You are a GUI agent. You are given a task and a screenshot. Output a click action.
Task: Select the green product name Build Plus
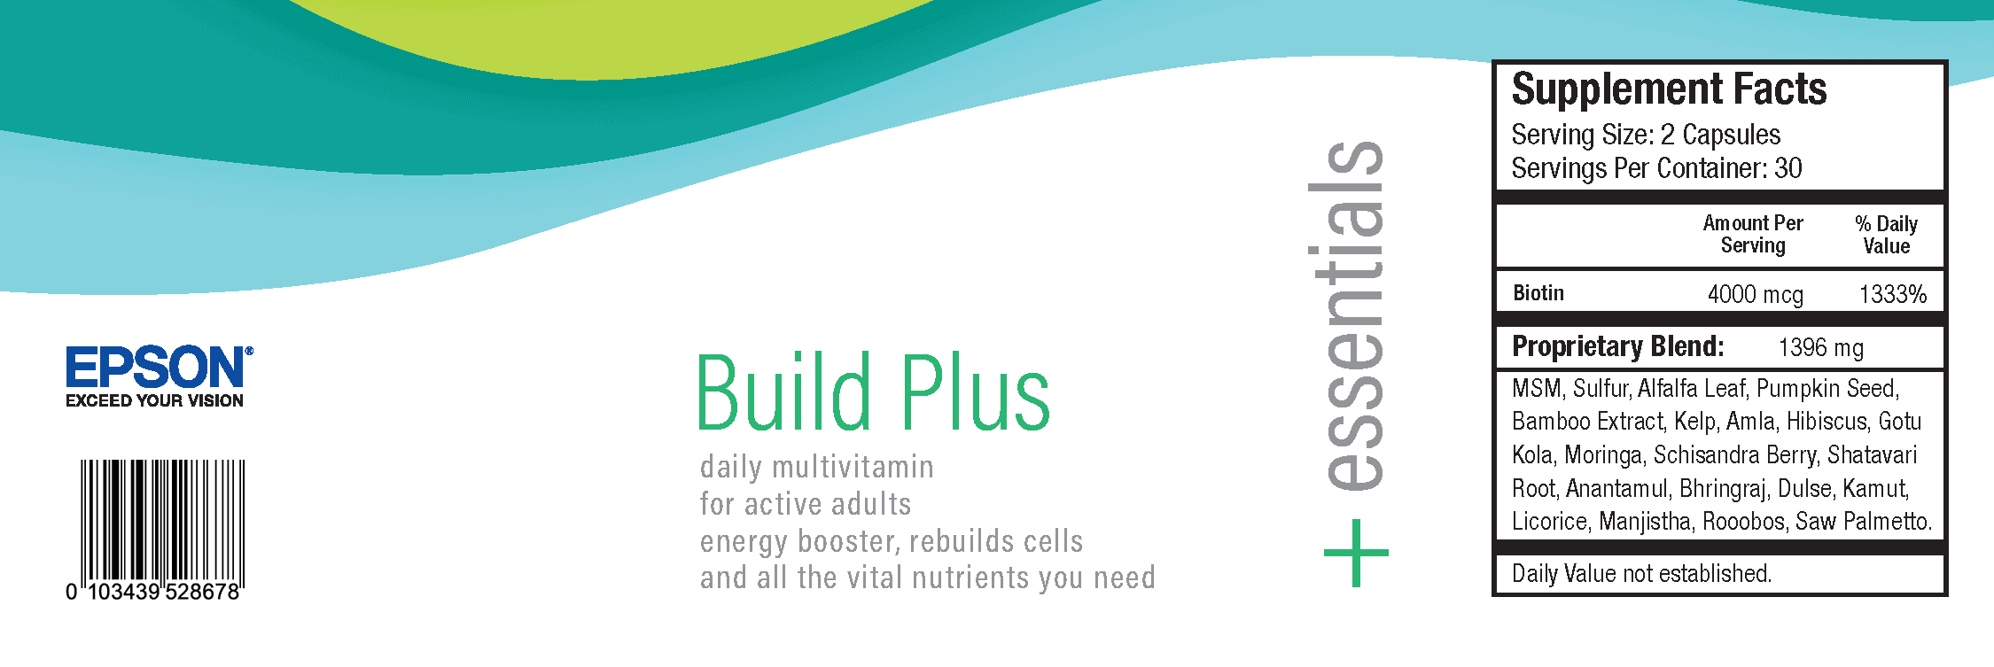coord(873,392)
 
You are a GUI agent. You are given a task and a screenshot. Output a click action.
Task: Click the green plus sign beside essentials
coord(1356,553)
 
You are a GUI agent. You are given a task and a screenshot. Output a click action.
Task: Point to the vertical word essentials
coord(1347,315)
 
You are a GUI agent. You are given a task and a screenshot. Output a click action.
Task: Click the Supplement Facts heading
coord(1669,89)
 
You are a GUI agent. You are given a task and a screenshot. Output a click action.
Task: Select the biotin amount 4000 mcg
coord(1755,294)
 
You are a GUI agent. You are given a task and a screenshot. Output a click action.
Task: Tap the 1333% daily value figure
coord(1893,294)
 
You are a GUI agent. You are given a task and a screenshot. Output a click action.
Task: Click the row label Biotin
coord(1538,293)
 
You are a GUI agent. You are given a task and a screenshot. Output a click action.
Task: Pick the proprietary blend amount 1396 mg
coord(1820,347)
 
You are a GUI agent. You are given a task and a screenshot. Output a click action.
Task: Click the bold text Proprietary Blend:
coord(1618,346)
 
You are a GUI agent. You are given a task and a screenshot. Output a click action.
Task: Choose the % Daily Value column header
coord(1887,235)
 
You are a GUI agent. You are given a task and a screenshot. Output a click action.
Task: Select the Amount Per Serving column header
coord(1753,235)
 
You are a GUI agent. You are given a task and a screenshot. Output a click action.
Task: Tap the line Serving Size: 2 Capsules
coord(1646,135)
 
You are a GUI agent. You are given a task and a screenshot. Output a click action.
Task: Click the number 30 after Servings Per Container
coord(1788,167)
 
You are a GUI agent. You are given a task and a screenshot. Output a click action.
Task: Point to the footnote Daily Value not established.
coord(1641,574)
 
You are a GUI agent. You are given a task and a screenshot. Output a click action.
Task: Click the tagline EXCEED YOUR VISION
coord(154,400)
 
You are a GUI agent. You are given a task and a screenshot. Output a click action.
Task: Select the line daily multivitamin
coord(816,467)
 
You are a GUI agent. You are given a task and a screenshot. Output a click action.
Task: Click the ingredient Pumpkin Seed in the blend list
coord(1827,388)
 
